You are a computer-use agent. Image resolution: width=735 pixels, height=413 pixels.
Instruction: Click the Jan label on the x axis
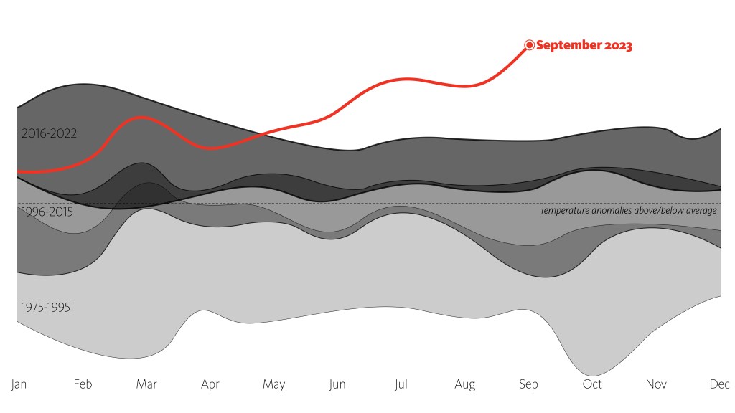(19, 385)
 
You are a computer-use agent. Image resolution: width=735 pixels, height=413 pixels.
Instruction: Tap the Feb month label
(83, 385)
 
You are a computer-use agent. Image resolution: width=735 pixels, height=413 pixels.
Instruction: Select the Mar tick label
(146, 385)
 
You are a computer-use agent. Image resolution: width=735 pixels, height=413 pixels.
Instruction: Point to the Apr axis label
(210, 385)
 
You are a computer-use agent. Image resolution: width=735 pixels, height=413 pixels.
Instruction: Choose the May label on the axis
(273, 385)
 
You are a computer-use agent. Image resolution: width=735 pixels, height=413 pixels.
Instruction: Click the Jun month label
(337, 385)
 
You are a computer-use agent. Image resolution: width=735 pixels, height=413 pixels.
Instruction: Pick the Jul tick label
(401, 385)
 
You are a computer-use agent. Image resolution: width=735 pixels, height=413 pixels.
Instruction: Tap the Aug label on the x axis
(465, 385)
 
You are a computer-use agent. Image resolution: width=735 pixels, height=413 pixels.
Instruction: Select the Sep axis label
(528, 385)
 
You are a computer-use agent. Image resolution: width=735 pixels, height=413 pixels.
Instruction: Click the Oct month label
(592, 385)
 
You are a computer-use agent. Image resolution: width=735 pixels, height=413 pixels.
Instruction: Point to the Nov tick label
(656, 385)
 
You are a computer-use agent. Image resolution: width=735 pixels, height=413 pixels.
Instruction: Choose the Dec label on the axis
(719, 385)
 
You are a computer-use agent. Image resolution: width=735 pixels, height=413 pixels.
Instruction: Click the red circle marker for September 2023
(530, 45)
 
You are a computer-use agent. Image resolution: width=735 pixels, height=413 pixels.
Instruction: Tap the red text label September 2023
(584, 45)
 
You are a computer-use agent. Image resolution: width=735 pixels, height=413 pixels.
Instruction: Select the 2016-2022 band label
(49, 133)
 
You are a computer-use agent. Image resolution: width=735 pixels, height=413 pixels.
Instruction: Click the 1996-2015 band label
(47, 212)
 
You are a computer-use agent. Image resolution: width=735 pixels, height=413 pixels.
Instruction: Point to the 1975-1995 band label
(46, 308)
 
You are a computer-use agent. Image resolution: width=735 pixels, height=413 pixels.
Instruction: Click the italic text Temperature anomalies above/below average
(628, 211)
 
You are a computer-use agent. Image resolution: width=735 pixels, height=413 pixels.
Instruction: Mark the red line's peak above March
(143, 116)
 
